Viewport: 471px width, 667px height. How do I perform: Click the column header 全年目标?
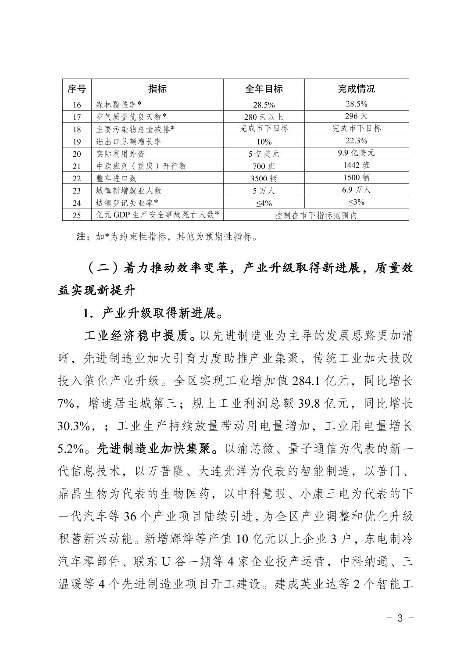264,89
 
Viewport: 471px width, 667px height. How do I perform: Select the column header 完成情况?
356,89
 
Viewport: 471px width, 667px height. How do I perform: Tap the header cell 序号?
76,89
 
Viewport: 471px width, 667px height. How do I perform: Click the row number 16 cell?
76,104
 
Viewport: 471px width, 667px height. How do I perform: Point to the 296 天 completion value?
356,116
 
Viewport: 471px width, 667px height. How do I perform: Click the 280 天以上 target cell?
264,117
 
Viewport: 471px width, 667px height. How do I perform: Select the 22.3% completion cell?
356,141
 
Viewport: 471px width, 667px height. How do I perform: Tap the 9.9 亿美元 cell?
356,153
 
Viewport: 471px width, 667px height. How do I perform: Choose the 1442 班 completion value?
356,165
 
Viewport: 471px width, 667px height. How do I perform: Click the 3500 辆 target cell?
264,178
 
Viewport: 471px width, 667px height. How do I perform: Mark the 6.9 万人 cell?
356,190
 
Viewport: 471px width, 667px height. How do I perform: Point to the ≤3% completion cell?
356,202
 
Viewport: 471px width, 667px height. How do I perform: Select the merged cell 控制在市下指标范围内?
316,215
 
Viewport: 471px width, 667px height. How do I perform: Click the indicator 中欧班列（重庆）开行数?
141,166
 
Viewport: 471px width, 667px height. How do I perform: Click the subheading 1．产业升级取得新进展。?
153,314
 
